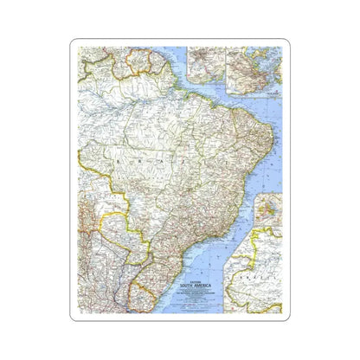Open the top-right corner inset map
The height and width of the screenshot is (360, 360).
[252, 65]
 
